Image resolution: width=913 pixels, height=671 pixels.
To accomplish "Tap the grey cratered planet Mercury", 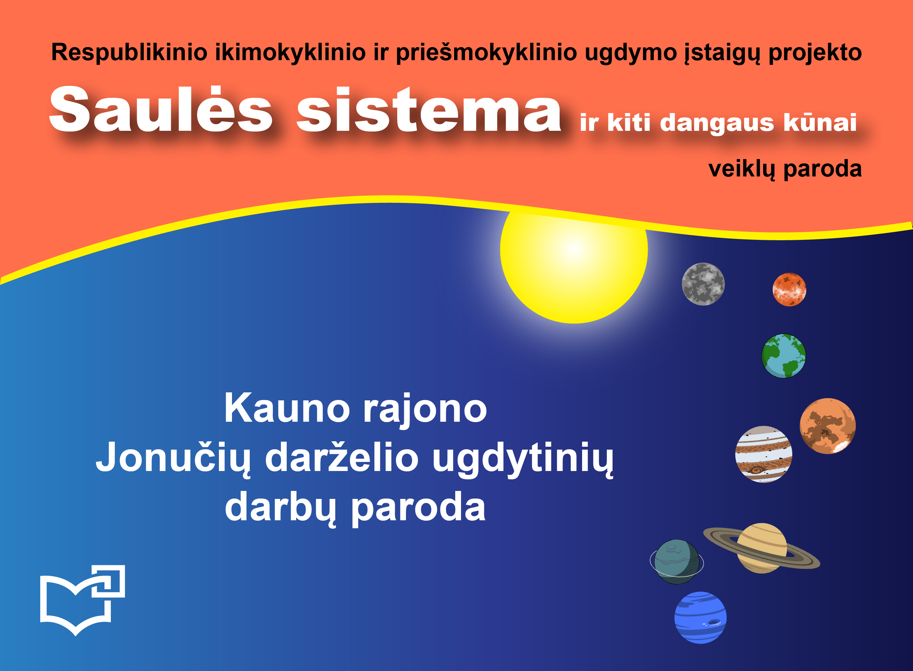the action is point(703,284).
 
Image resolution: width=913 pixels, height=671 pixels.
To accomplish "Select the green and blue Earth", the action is point(783,356).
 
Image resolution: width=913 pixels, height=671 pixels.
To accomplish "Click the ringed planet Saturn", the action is point(761,548).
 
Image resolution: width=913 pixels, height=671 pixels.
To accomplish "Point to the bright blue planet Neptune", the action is point(701,617).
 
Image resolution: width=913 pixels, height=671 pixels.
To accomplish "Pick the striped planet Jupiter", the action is point(763,454).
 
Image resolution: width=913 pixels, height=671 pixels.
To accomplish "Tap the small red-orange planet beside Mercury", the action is point(789,289).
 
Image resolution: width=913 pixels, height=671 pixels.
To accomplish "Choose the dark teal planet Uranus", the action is point(677,562).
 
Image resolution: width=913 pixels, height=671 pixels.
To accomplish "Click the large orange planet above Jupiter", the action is point(828,426).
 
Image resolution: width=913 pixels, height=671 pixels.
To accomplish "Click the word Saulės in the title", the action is point(161,110).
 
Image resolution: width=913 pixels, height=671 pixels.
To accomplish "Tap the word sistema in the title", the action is point(429,110).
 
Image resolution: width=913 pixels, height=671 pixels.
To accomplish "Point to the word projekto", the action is point(815,53).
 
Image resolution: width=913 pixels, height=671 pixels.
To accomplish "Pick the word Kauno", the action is point(287,408).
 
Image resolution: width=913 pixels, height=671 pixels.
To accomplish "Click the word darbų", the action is point(281,507).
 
